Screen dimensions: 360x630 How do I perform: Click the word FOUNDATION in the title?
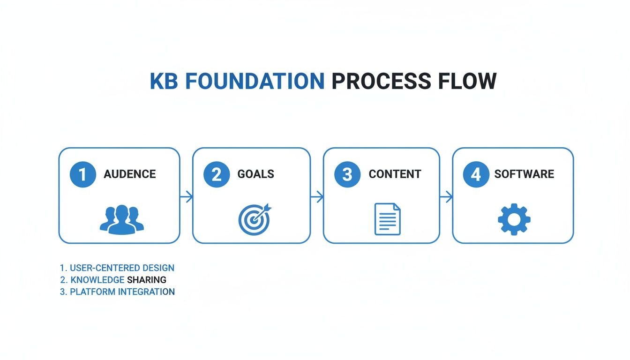tap(255, 82)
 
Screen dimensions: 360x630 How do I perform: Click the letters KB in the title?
tap(165, 82)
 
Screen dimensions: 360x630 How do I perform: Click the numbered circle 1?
tap(83, 174)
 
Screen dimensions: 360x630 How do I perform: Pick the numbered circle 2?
tap(217, 174)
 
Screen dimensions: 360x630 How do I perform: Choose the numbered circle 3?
tap(347, 174)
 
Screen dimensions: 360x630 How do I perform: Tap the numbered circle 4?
tap(476, 174)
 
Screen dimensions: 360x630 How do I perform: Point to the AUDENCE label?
tap(130, 174)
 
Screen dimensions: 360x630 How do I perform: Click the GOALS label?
tap(255, 174)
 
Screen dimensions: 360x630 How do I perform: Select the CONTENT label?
tap(395, 174)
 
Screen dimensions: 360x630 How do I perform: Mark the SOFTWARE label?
tap(524, 174)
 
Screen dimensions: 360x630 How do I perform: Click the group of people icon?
tap(122, 219)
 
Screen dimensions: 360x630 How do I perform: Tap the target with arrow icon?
tap(254, 219)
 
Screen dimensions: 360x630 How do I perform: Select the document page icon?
tap(388, 219)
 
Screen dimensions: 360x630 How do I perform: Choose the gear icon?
tap(514, 219)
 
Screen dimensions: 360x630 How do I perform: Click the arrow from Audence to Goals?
tap(187, 197)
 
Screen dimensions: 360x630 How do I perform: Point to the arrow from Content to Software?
tap(446, 197)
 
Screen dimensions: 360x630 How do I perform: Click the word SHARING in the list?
tap(146, 280)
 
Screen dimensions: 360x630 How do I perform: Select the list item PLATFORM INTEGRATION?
tap(122, 292)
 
